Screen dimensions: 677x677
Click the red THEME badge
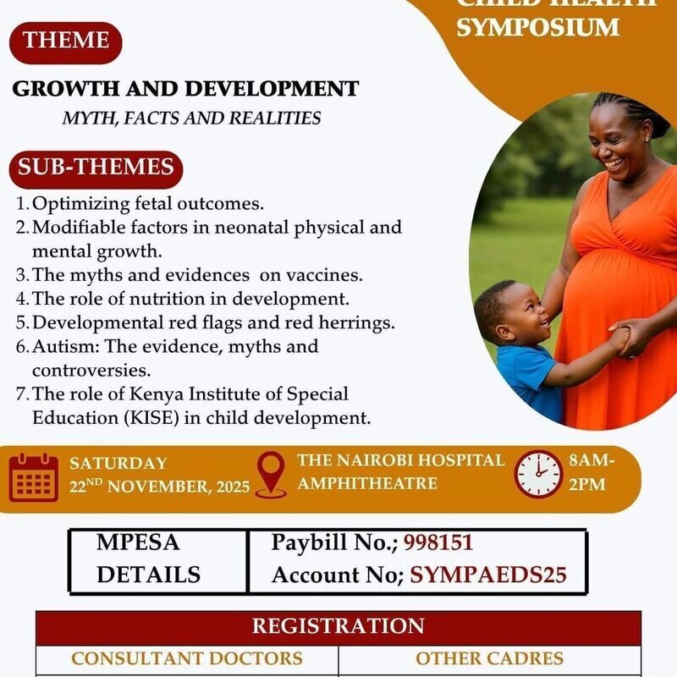pos(67,41)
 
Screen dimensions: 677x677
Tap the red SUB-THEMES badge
pos(96,168)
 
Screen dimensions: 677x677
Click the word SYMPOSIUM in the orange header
pos(538,26)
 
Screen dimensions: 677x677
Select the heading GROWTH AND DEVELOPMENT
pos(185,89)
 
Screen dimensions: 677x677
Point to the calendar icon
pos(34,478)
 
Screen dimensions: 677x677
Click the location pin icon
pos(271,475)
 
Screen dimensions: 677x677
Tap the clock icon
pos(538,474)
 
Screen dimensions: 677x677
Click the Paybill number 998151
pos(438,542)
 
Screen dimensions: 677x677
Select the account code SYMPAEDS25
pos(487,575)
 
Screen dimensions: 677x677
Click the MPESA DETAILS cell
pos(149,559)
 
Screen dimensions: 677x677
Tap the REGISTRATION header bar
pos(338,626)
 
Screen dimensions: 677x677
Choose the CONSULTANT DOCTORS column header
pos(186,658)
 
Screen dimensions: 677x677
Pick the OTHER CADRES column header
pos(489,658)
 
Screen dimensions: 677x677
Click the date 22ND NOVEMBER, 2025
pos(160,487)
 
